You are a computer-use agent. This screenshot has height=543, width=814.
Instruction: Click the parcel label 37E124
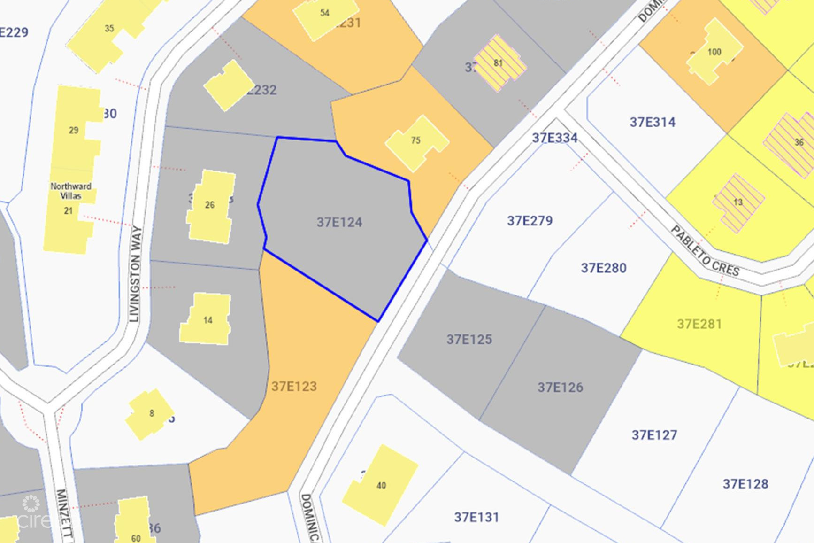339,222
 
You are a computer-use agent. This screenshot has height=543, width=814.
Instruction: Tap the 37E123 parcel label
294,387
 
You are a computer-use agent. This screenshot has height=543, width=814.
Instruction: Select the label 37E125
469,340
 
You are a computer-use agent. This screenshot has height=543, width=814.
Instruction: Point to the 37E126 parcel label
560,388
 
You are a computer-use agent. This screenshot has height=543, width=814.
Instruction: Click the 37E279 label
530,221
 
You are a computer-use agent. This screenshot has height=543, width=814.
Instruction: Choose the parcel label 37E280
603,268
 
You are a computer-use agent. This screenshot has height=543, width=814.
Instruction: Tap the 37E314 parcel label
653,123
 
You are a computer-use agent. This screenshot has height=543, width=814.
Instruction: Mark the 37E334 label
554,138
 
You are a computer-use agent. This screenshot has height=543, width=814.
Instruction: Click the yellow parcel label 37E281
699,324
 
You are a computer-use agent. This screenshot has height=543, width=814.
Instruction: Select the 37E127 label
654,435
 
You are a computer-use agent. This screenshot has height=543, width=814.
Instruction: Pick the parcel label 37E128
745,484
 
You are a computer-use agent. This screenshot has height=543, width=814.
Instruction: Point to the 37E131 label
476,518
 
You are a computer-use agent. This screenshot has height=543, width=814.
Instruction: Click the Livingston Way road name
135,274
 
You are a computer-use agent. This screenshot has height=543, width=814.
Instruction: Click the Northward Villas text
71,191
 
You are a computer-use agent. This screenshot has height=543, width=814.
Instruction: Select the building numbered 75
415,140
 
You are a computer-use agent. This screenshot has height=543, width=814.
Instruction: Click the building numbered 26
210,205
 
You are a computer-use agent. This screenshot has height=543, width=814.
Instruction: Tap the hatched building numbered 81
499,63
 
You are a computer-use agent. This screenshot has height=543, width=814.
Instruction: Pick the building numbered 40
381,485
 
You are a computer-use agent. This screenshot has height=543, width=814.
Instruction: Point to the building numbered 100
714,52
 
